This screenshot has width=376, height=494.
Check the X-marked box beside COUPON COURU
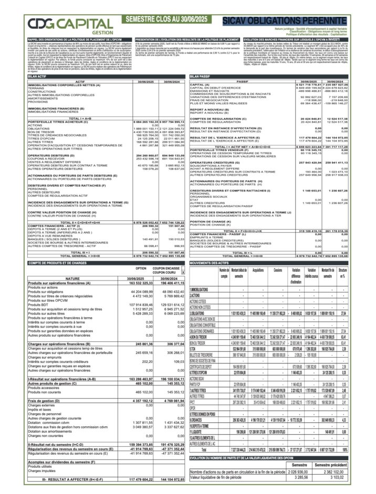pos(182,273)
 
